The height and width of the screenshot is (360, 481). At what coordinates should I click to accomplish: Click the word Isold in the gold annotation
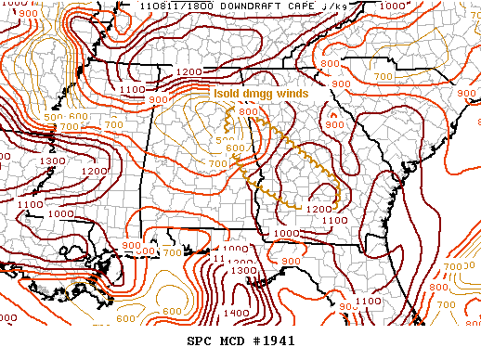(227, 94)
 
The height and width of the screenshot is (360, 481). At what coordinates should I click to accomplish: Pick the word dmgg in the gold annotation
(262, 94)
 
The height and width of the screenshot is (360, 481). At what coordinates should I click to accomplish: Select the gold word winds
(298, 94)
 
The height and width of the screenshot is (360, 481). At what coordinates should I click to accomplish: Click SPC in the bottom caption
(199, 341)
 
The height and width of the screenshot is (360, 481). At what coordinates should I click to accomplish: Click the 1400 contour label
(237, 314)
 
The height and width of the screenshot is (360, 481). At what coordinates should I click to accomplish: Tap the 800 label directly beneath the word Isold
(247, 112)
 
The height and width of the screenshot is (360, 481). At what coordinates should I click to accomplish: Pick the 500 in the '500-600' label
(54, 116)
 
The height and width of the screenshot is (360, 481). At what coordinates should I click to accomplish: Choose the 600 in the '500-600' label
(77, 116)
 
